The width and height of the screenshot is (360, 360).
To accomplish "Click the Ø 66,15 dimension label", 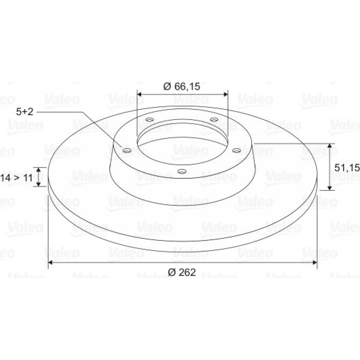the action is [x=181, y=86].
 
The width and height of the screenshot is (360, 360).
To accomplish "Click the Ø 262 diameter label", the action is [x=182, y=272].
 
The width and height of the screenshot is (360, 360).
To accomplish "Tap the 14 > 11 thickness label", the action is [x=17, y=178].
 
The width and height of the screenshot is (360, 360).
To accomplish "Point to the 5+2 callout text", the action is [x=25, y=112].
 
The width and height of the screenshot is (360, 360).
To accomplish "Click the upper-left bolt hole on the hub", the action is [x=150, y=120].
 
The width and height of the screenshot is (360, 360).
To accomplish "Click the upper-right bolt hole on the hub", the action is [x=214, y=120].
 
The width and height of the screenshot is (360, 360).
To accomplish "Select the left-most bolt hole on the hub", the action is [x=127, y=150].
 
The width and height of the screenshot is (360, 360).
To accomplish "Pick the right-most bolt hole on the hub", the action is [x=237, y=150].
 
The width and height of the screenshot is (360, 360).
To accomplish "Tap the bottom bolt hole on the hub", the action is [x=182, y=171].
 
